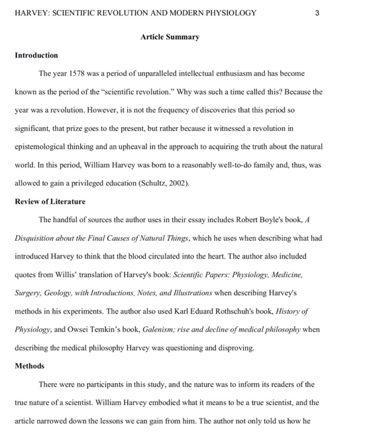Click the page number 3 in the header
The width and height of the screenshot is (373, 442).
[x=317, y=13]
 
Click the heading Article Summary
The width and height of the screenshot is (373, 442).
[x=170, y=37]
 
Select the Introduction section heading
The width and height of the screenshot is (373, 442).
[x=36, y=55]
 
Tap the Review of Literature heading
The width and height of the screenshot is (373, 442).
[x=50, y=201]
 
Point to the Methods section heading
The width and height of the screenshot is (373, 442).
[x=29, y=366]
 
